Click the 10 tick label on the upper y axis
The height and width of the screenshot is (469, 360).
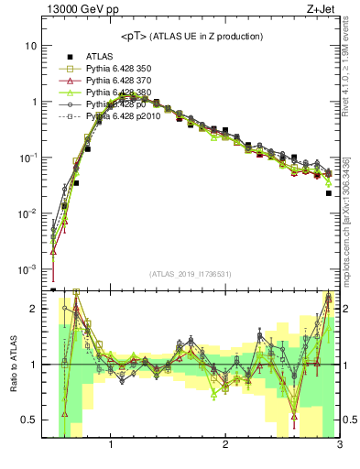point(31,46)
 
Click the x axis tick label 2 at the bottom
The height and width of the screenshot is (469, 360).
point(225,445)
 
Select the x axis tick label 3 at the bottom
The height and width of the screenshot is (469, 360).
point(339,445)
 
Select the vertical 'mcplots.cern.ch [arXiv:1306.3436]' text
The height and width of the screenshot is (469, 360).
point(351,220)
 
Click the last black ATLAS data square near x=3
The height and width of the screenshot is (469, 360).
point(329,193)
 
